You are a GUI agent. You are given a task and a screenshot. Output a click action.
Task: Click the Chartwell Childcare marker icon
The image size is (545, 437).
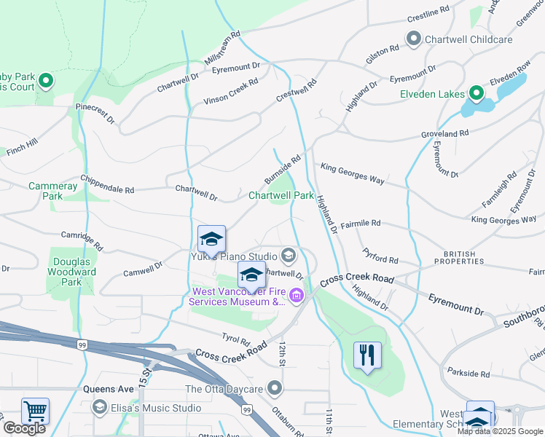414,39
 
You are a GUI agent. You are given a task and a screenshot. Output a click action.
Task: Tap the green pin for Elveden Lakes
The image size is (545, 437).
476,93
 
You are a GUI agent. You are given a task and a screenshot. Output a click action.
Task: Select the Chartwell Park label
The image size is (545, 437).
281,195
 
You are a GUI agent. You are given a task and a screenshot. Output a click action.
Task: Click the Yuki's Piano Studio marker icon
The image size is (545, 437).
289,256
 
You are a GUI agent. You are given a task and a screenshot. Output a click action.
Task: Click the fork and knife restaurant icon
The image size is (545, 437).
367,355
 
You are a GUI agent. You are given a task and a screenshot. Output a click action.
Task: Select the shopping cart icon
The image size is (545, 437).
35,410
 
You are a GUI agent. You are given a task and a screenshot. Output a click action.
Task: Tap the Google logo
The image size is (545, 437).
24,428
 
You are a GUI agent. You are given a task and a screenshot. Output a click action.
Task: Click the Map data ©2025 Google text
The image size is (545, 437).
500,431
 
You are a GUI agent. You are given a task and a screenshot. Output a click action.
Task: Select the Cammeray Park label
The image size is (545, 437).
52,191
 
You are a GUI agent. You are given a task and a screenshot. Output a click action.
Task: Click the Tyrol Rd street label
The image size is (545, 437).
235,340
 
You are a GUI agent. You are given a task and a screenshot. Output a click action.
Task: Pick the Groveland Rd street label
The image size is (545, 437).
444,134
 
